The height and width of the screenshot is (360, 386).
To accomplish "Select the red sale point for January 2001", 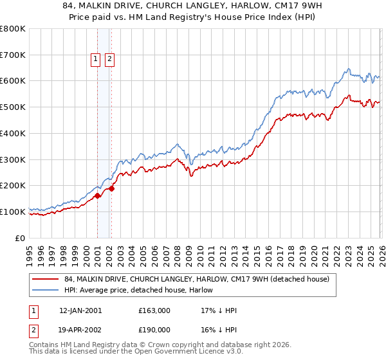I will [97, 195].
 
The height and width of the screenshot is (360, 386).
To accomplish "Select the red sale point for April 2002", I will [111, 188].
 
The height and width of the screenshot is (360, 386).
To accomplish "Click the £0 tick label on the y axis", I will [21, 238].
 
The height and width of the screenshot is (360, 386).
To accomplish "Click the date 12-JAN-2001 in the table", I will [80, 310].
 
